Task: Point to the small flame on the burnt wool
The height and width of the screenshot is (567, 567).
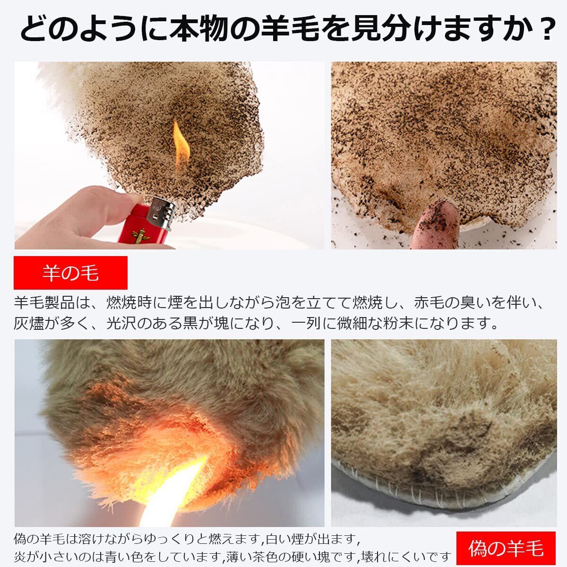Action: (x=180, y=146)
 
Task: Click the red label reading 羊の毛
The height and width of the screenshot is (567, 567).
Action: (x=70, y=273)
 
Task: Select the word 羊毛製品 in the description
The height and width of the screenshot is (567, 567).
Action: (x=44, y=302)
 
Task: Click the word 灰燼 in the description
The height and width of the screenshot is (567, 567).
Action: (x=29, y=323)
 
